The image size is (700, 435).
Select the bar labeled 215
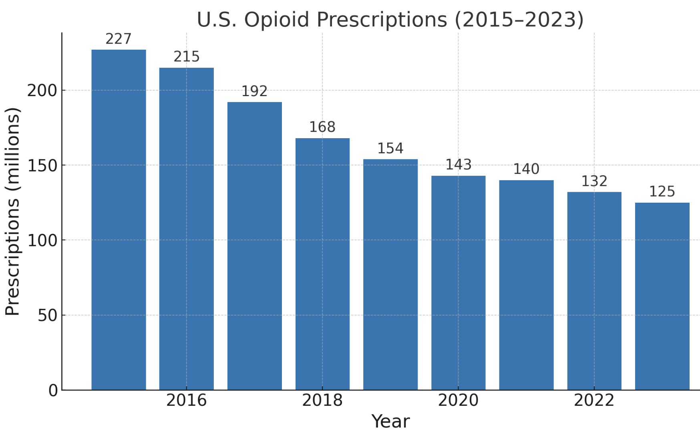(187, 228)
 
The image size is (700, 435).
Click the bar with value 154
(390, 274)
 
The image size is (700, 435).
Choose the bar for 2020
(459, 282)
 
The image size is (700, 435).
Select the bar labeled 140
(526, 285)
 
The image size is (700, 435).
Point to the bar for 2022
(594, 291)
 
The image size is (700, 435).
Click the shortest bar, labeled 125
(662, 296)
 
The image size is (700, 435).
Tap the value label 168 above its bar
(322, 127)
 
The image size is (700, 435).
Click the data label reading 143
(459, 165)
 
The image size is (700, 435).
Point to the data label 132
(594, 181)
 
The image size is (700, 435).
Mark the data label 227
(119, 39)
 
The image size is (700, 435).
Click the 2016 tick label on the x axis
(187, 401)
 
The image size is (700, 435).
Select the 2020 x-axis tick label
(459, 401)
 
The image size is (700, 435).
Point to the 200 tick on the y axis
(42, 91)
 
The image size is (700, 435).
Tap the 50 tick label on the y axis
(47, 316)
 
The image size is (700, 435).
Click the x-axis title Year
(390, 421)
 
